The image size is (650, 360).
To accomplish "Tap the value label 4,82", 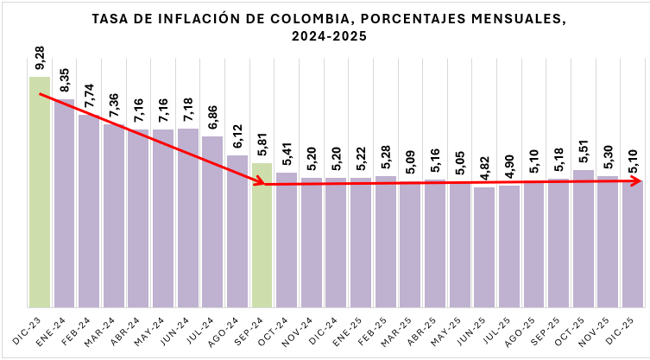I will click(x=485, y=169).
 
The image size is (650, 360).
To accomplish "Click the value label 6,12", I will click(x=237, y=137).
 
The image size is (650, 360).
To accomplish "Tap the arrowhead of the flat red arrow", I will click(x=640, y=182).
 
